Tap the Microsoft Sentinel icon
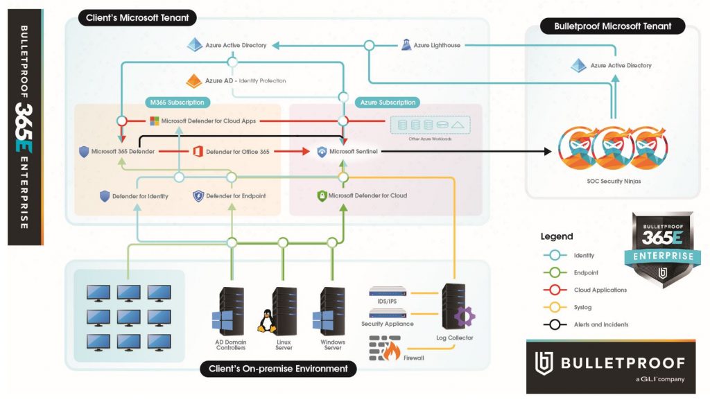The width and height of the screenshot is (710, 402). tap(322, 151)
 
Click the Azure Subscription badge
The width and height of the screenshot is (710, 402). tap(388, 103)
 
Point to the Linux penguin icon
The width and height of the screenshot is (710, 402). tap(264, 321)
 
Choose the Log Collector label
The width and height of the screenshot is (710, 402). tap(456, 338)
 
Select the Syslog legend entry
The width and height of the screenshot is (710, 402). tap(584, 307)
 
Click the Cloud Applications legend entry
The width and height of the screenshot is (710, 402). tap(600, 290)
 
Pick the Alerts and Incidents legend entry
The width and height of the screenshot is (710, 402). tap(601, 324)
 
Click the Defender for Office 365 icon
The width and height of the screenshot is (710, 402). tap(196, 151)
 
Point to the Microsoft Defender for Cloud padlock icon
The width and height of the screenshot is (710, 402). tap(322, 195)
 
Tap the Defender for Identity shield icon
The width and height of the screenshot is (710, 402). tap(105, 196)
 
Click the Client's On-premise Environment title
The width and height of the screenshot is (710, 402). tap(278, 369)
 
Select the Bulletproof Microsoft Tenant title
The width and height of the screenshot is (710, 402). tap(613, 26)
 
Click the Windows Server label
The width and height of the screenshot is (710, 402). tap(333, 344)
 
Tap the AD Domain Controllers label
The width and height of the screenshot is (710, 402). tap(230, 344)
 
